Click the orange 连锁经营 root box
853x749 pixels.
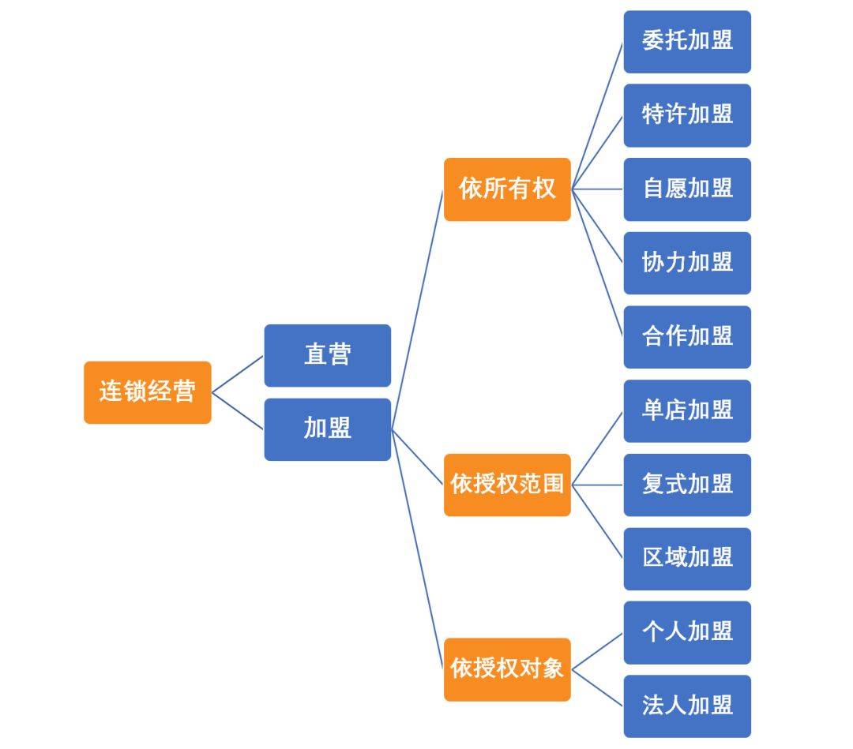click(148, 392)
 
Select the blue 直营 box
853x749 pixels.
click(327, 355)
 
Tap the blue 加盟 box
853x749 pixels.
click(327, 429)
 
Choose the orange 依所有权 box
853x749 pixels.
click(507, 189)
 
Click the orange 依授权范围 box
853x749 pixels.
click(507, 485)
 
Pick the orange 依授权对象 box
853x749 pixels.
click(507, 669)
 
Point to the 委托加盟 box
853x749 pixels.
click(687, 42)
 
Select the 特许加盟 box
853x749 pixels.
click(687, 115)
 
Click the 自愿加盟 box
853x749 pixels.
click(687, 189)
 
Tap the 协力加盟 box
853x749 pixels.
click(687, 263)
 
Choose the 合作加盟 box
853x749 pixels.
click(687, 337)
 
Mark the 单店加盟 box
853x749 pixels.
click(687, 410)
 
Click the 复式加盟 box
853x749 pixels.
click(687, 485)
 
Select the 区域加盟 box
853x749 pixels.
click(687, 559)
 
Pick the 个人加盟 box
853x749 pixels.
click(687, 632)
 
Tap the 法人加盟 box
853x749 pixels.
click(687, 706)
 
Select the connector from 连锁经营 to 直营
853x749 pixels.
click(237, 374)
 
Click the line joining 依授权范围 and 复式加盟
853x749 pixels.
click(597, 485)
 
